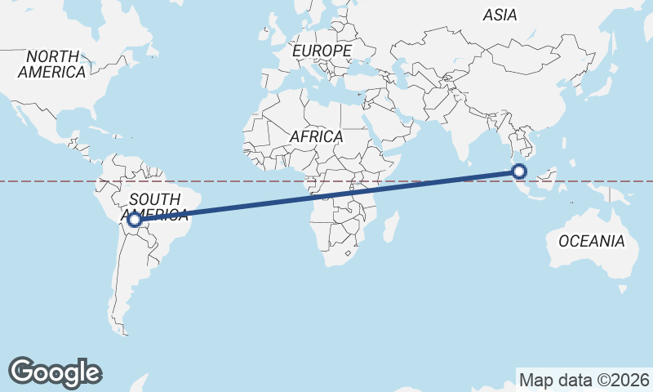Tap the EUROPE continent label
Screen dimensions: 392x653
322,51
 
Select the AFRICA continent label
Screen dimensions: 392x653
316,136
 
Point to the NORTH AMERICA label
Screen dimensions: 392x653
52,64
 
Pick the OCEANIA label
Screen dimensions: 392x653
592,241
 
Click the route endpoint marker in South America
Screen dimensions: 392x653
135,220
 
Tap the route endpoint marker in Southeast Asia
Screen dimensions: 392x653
519,171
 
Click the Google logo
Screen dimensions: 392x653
55,372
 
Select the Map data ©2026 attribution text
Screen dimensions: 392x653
584,380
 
